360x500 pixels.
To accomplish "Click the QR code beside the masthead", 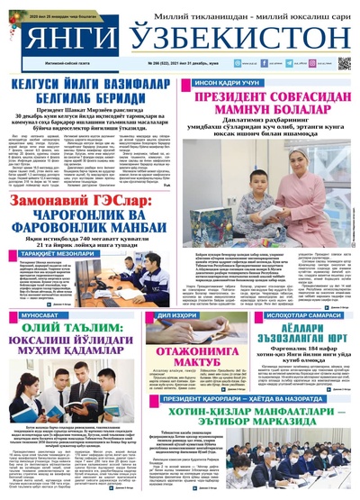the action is pos(344,65).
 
